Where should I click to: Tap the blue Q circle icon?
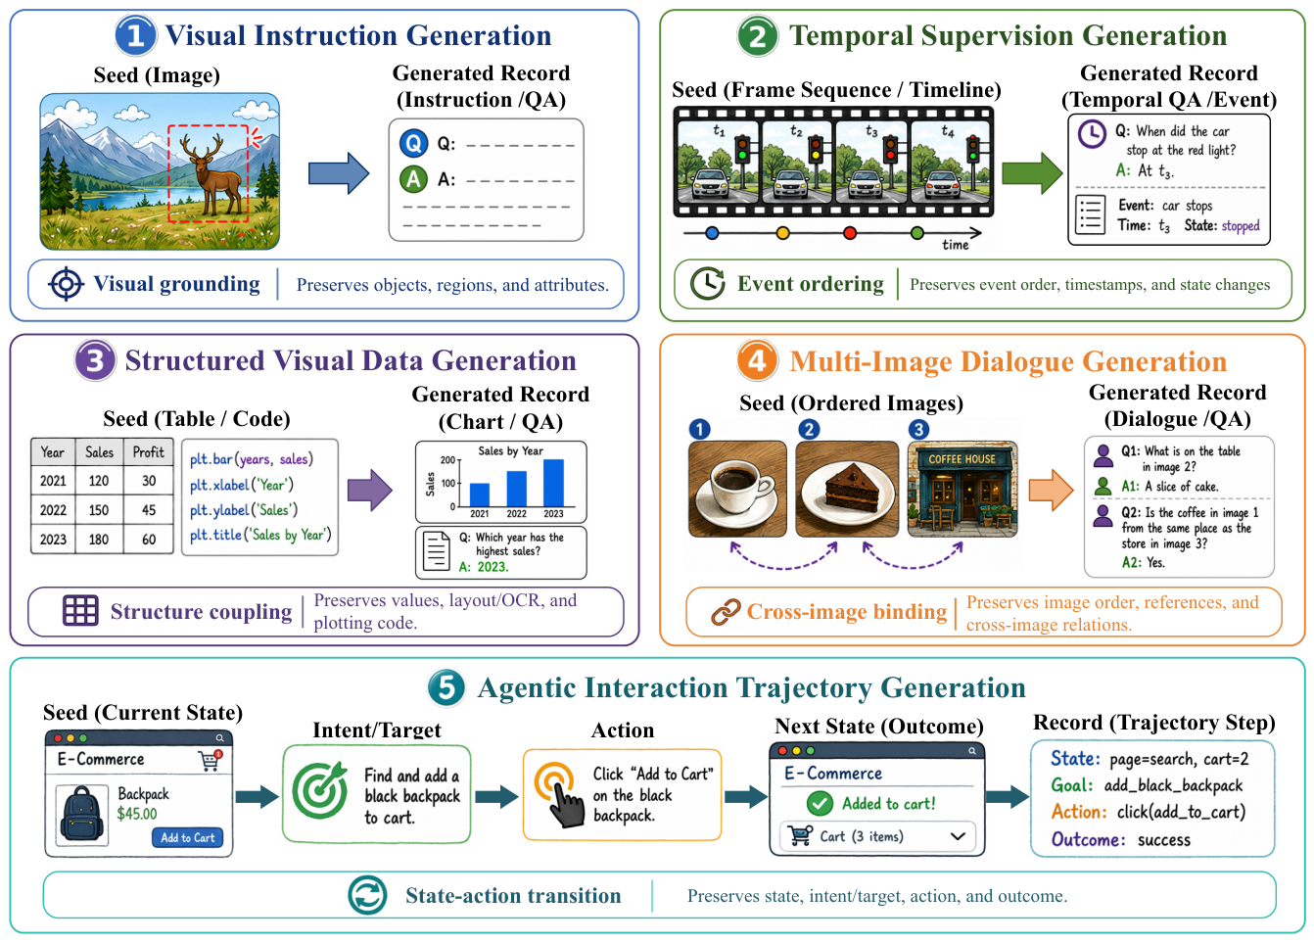pos(413,143)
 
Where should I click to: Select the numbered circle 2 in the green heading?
pos(757,36)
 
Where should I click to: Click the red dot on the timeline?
pos(849,233)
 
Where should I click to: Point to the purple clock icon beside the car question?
pos(1092,134)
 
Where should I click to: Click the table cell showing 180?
pos(99,539)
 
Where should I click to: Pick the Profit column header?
pos(149,452)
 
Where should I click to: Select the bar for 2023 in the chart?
pos(553,483)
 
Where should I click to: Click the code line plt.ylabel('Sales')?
pos(244,510)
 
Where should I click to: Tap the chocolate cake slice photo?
pos(847,489)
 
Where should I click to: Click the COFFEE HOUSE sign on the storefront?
pos(962,459)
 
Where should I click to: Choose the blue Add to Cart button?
pos(188,837)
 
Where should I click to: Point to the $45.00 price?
pos(137,814)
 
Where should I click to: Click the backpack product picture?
pos(82,815)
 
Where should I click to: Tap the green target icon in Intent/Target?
pos(320,790)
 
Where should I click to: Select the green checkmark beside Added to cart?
pos(820,804)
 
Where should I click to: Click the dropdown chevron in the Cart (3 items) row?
pos(958,836)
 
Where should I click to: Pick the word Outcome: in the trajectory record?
pos(1088,839)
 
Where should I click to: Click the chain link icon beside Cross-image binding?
pos(726,612)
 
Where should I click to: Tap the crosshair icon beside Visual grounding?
pos(66,285)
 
